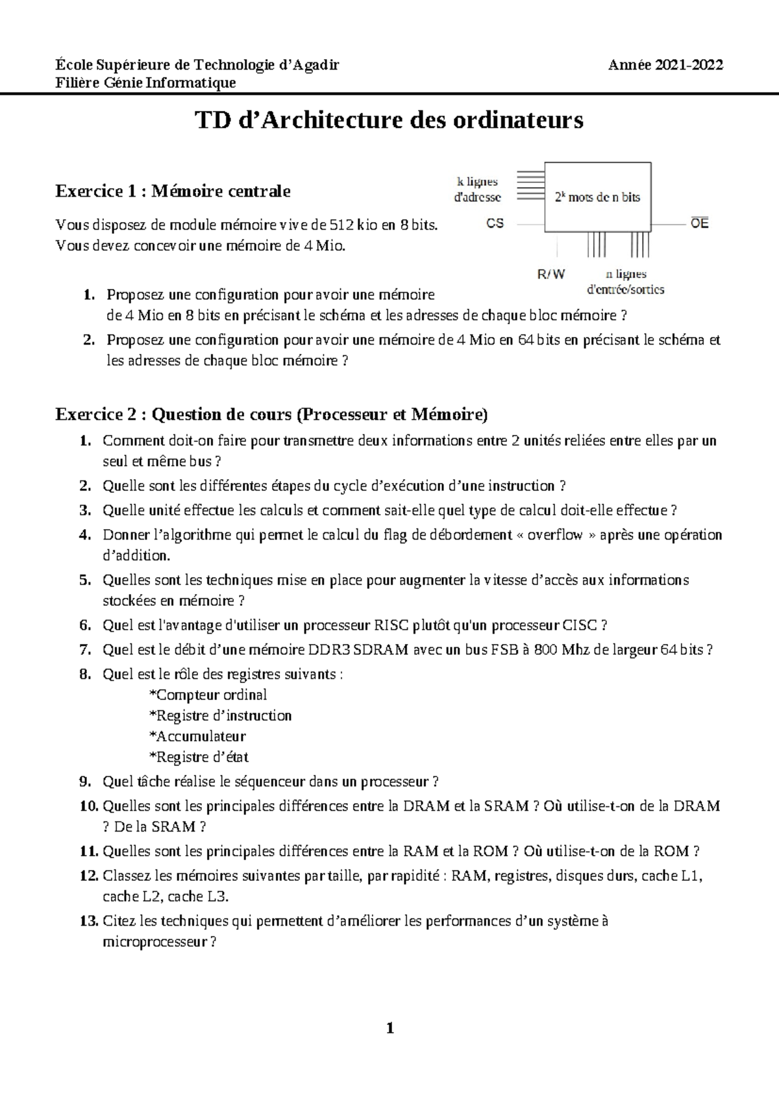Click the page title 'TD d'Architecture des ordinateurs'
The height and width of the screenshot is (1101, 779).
pyautogui.click(x=389, y=120)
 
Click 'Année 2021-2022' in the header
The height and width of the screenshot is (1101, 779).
pyautogui.click(x=665, y=65)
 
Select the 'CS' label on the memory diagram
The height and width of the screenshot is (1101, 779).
pyautogui.click(x=495, y=223)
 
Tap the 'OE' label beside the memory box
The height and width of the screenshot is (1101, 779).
pyautogui.click(x=699, y=223)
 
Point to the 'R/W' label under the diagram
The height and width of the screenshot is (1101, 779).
pyautogui.click(x=551, y=275)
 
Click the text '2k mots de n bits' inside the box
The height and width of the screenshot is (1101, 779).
pyautogui.click(x=597, y=197)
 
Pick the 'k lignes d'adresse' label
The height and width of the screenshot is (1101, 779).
pyautogui.click(x=477, y=190)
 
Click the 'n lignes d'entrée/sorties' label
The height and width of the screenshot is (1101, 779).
pyautogui.click(x=625, y=282)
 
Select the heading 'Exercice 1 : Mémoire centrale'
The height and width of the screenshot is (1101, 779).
pyautogui.click(x=173, y=191)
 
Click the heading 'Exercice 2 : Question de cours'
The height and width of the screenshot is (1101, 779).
pyautogui.click(x=271, y=414)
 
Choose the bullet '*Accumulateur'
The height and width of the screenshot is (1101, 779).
pyautogui.click(x=197, y=736)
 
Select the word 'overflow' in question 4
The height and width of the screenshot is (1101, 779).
pyautogui.click(x=554, y=536)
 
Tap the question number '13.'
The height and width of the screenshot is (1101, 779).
pyautogui.click(x=89, y=921)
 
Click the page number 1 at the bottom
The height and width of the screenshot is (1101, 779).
pyautogui.click(x=389, y=1028)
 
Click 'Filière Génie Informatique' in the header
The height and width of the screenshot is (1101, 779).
pyautogui.click(x=145, y=82)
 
